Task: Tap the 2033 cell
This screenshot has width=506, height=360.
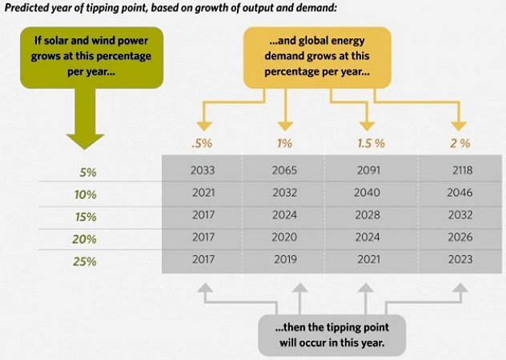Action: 203,170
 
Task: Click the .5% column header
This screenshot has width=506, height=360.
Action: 203,144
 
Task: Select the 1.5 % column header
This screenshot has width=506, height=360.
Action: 371,144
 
